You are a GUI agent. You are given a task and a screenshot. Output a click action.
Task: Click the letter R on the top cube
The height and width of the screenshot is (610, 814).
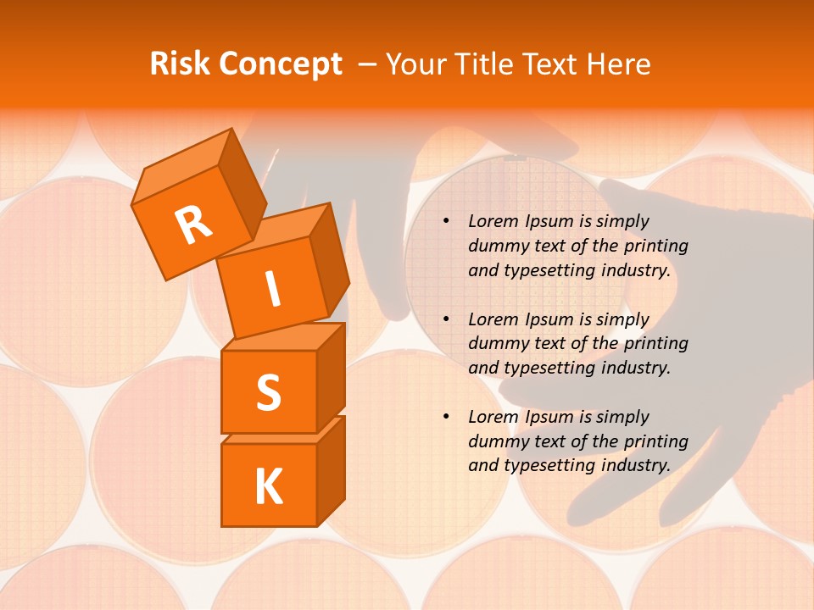[193, 225]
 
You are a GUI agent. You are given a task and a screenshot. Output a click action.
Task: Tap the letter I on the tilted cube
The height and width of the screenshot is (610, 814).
[273, 290]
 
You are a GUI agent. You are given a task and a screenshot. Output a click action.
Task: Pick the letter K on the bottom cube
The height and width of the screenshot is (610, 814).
[268, 487]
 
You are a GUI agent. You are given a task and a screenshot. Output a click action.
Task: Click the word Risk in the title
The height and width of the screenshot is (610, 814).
[180, 64]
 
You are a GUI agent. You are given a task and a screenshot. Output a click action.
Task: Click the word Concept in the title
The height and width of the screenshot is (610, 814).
[282, 65]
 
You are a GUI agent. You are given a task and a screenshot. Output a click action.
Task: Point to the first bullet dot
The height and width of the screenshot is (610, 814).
[445, 222]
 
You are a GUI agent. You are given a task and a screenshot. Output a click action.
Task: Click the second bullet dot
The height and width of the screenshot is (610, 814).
[445, 320]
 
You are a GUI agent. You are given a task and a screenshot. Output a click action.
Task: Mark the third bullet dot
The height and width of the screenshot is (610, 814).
[445, 418]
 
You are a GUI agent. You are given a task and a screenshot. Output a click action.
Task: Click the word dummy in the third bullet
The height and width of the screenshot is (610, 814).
[494, 441]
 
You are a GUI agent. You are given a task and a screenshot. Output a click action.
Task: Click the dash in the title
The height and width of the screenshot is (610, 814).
[368, 65]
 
